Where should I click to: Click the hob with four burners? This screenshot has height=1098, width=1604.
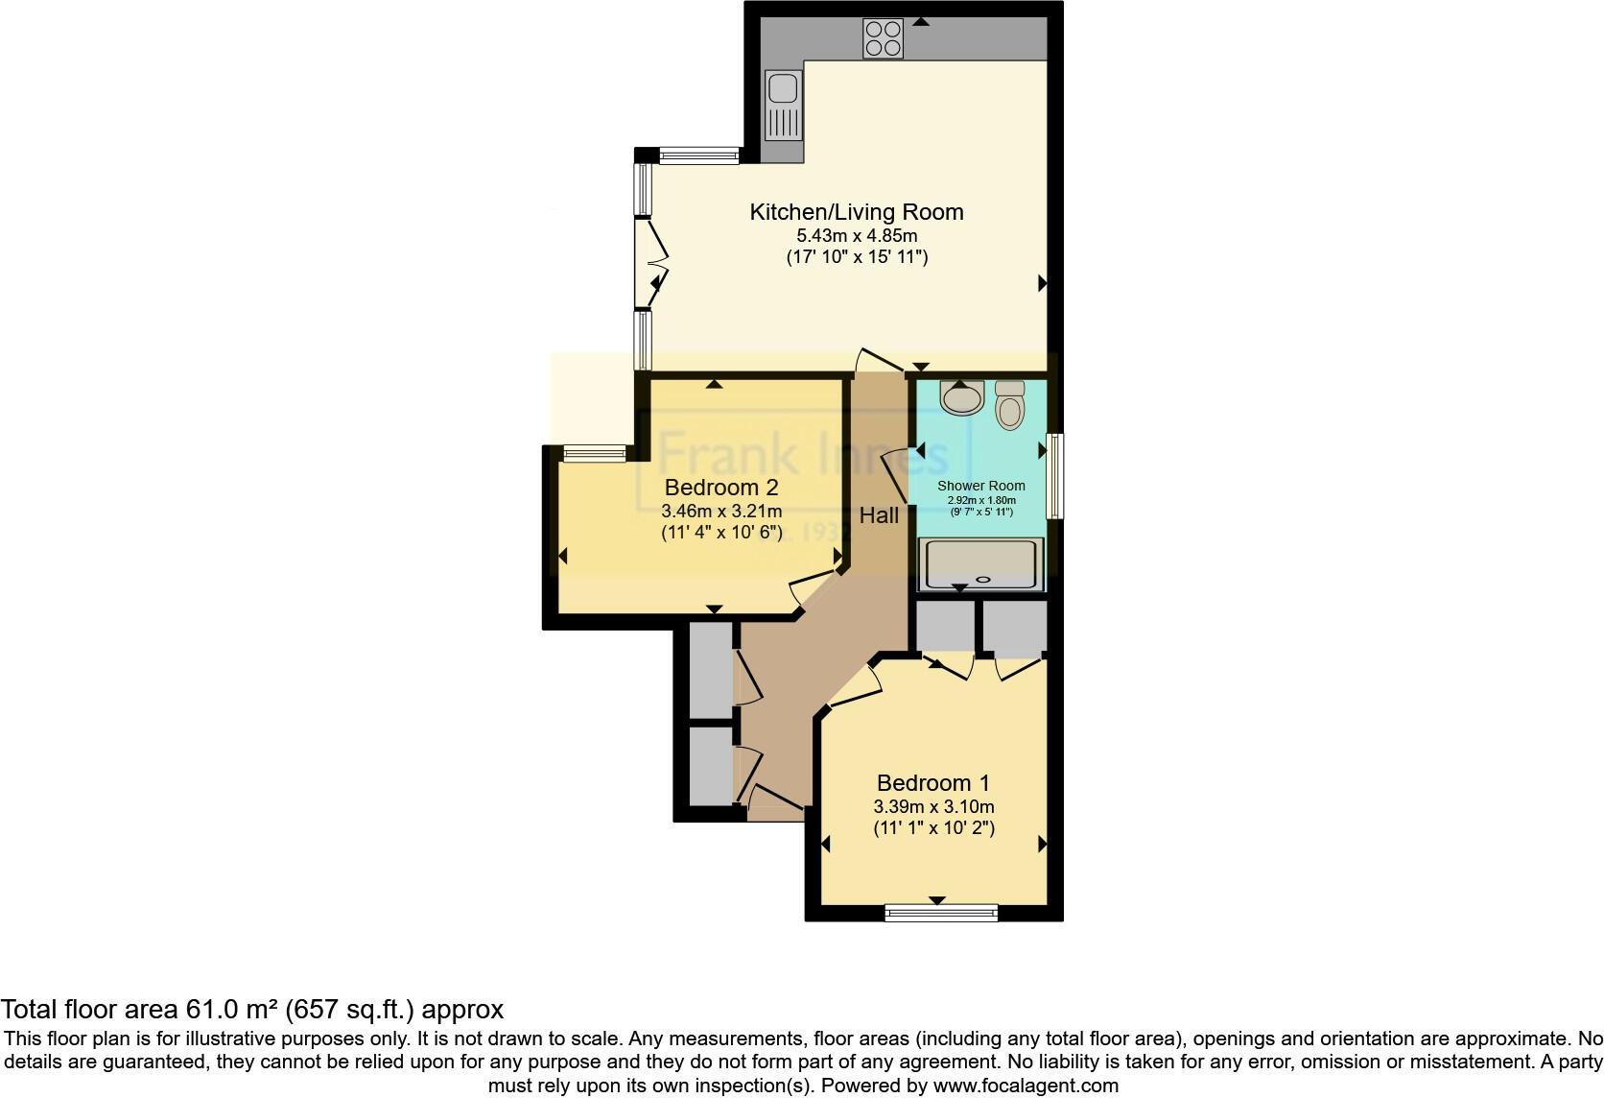coord(883,38)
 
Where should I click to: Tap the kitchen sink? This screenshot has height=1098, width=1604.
coord(783,105)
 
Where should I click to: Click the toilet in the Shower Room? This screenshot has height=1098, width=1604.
coord(1010,405)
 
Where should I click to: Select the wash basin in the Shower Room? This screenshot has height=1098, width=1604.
coord(962,397)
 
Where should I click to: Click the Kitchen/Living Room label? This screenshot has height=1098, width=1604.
coord(856,212)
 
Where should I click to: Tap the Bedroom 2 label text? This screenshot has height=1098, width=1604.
coord(720,488)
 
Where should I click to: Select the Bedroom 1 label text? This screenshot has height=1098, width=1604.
coord(932,783)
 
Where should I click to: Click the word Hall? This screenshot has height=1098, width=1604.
coord(879,515)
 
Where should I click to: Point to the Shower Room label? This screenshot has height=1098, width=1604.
coord(980,486)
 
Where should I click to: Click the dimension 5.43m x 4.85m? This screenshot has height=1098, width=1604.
coord(856,236)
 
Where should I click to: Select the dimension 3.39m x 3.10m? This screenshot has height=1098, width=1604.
coord(932,807)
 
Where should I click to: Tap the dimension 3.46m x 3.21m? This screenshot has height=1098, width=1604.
coord(720,512)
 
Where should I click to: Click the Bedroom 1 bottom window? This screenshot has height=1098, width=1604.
coord(940,913)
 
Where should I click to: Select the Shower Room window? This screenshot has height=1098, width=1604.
coord(1054,476)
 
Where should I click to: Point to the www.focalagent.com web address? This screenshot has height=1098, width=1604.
coord(1026,1086)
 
